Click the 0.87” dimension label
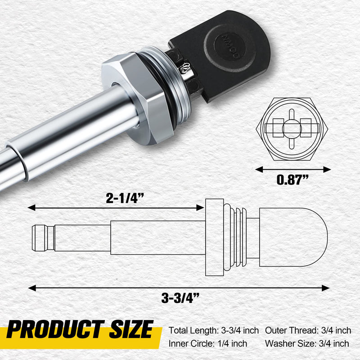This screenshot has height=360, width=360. point(293,181)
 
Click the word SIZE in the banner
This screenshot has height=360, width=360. point(131,331)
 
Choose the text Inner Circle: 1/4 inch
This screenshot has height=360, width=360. point(208,344)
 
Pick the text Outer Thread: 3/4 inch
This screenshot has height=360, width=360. point(308,331)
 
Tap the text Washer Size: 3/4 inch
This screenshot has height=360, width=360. point(307,344)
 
